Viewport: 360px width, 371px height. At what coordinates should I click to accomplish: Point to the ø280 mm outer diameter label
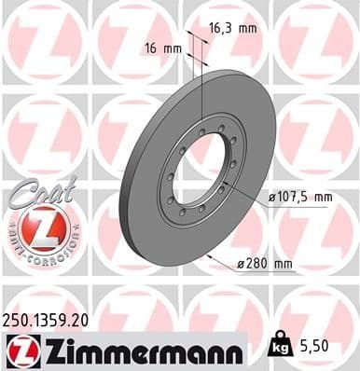(x=265, y=266)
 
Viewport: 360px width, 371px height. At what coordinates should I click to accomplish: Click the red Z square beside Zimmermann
(x=21, y=350)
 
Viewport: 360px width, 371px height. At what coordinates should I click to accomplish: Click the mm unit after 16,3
(x=247, y=29)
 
